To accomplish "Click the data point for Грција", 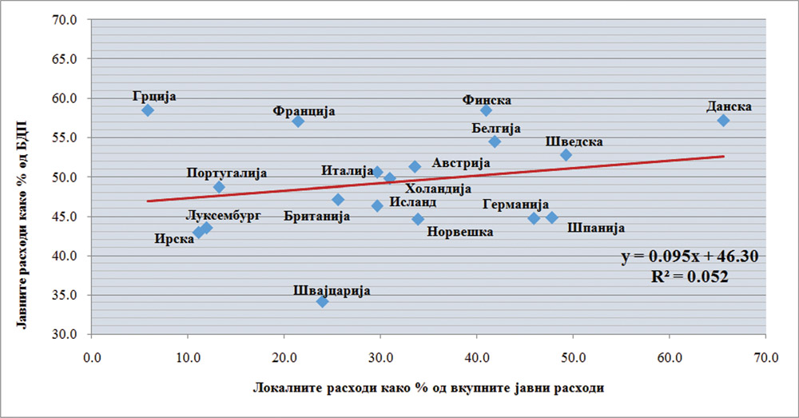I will [148, 110].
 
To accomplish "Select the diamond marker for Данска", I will [723, 121].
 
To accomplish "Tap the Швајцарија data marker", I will [323, 301].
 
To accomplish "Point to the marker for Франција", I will [298, 121].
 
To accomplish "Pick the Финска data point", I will [486, 110].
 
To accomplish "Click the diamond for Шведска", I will [566, 155].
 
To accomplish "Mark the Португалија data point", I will [219, 187].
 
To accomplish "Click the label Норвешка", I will [460, 232].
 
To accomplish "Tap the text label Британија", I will [318, 217].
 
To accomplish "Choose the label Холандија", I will [438, 189].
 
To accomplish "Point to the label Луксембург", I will [223, 215].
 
